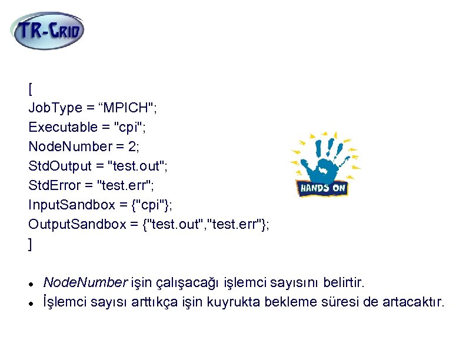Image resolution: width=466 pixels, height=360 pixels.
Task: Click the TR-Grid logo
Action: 47,31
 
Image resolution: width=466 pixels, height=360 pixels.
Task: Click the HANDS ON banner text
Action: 323,188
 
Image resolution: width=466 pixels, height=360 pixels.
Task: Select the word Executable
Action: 61,127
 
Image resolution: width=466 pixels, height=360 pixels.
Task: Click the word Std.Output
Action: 59,166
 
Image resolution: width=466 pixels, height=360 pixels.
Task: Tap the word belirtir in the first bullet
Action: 346,283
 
